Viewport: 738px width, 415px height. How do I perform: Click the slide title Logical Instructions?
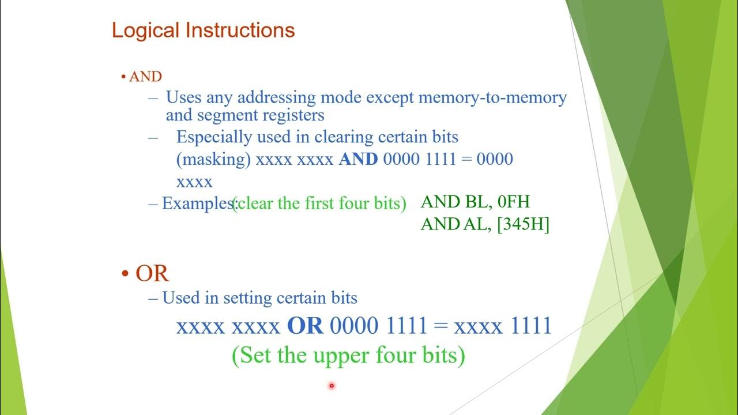pyautogui.click(x=203, y=30)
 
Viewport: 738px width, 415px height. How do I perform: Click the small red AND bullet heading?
pyautogui.click(x=145, y=77)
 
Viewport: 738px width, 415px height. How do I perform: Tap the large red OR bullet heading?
pyautogui.click(x=152, y=273)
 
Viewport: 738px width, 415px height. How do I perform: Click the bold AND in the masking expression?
pyautogui.click(x=358, y=159)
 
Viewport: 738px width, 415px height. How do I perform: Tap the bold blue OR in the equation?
pyautogui.click(x=305, y=326)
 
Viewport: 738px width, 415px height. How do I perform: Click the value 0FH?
pyautogui.click(x=513, y=202)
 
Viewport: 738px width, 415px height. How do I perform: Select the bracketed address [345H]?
pyautogui.click(x=523, y=225)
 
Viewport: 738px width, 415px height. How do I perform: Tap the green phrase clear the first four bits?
pyautogui.click(x=319, y=203)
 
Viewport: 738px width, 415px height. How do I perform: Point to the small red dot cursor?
pyautogui.click(x=332, y=386)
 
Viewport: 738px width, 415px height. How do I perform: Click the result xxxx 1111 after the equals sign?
pyautogui.click(x=502, y=326)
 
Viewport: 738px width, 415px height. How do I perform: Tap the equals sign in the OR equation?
pyautogui.click(x=440, y=327)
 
